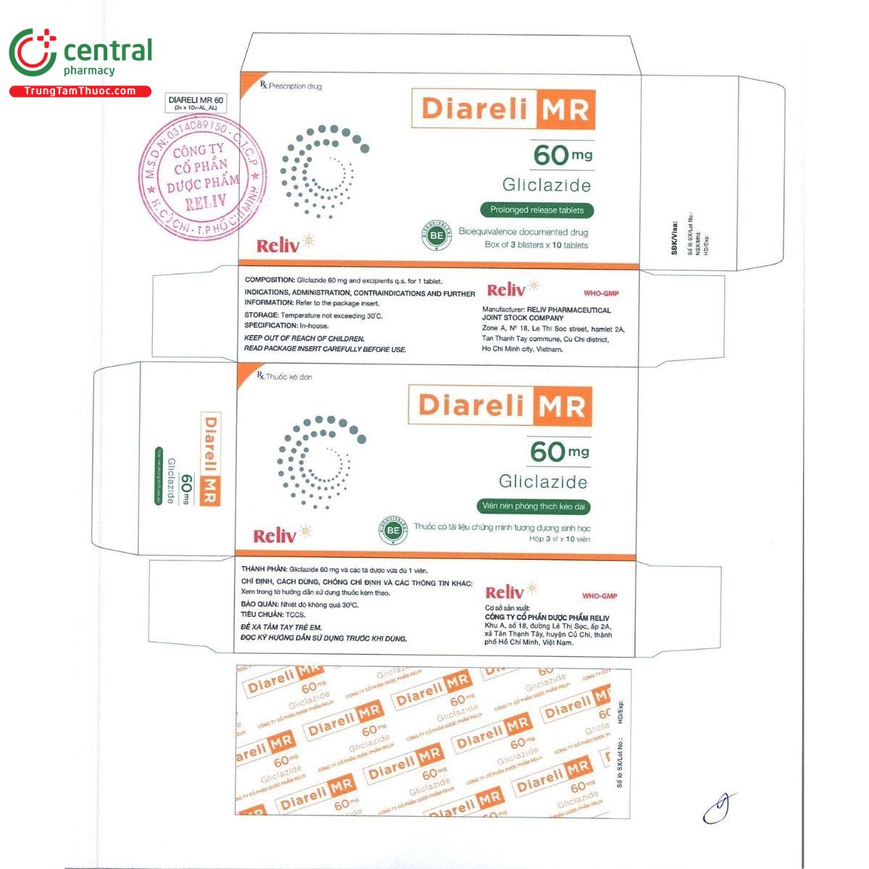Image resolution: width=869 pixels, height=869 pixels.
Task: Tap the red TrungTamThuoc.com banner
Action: coord(80,91)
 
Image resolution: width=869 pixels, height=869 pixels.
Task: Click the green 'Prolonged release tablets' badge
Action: coord(537,210)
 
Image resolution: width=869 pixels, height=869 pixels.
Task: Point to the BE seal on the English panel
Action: coord(436,235)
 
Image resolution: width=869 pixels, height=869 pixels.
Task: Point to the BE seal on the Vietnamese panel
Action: coord(393,531)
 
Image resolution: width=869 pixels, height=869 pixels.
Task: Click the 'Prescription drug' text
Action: coord(295,86)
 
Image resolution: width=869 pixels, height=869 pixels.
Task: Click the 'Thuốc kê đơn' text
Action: coord(288,377)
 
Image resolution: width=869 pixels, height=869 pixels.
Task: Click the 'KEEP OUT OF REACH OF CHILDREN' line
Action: coord(304,338)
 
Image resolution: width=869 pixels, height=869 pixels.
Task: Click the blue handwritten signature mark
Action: coord(719,807)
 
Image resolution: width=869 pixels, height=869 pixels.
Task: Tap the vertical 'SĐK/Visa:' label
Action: coord(675,236)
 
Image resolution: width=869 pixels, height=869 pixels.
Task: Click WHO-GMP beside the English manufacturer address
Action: coord(601,293)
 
